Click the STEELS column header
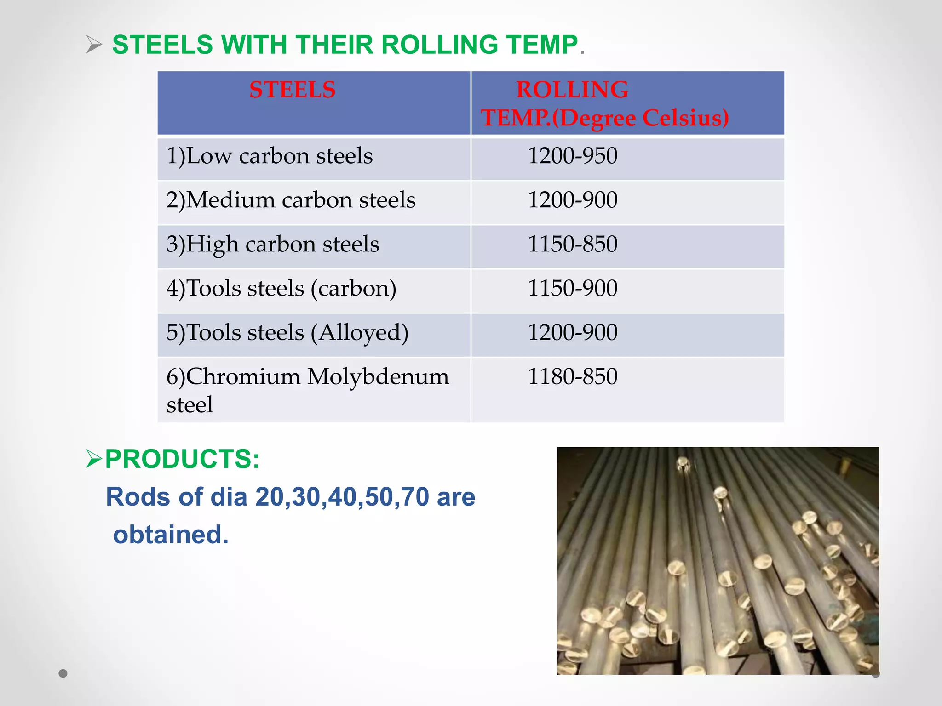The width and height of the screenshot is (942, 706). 292,90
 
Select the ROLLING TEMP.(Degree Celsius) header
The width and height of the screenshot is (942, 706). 604,103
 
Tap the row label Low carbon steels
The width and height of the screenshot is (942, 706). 270,156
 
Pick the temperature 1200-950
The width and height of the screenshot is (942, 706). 572,156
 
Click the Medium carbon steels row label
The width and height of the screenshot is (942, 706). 291,200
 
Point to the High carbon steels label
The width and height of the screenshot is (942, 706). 273,244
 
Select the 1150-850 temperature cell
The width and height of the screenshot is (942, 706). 572,244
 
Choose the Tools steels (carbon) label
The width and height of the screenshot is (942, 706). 281,288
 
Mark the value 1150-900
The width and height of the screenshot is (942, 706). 572,288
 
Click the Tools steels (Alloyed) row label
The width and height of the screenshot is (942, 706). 287,332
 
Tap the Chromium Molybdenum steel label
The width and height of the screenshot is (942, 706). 307,390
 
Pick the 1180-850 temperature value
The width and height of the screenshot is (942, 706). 572,376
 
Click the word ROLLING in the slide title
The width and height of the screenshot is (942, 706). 439,45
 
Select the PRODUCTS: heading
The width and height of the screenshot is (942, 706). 182,459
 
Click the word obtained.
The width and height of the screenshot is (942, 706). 171,535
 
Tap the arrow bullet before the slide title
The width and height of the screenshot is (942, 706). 94,45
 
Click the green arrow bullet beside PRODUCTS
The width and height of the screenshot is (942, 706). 94,459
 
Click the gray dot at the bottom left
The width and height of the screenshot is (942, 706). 63,673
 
